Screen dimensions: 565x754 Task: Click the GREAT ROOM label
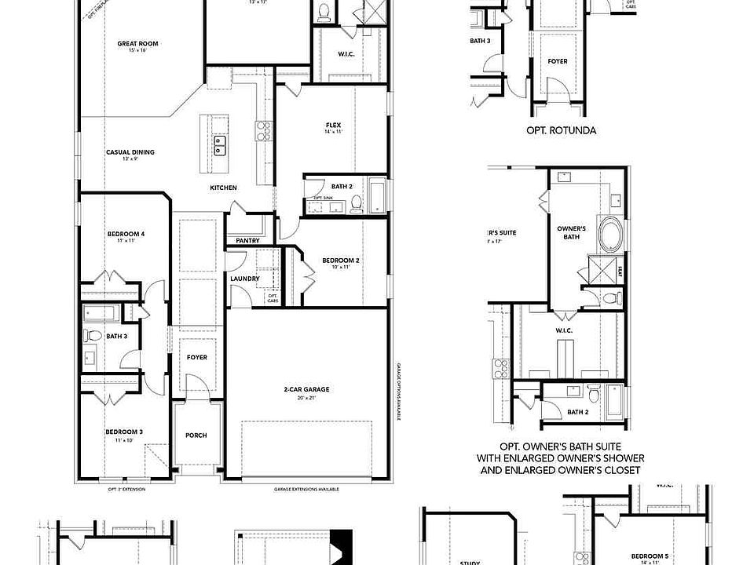pos(137,44)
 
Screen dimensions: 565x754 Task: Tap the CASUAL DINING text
pos(130,152)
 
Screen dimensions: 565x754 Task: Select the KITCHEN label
pos(223,188)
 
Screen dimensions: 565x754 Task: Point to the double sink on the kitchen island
pos(221,144)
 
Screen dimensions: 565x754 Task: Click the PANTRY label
pos(248,240)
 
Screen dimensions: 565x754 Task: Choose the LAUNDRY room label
pos(245,279)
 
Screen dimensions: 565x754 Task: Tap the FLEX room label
pos(333,126)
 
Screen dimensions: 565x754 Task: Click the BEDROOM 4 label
pos(126,234)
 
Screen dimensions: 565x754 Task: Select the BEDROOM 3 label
pos(124,432)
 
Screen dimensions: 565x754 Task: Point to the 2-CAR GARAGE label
pos(306,389)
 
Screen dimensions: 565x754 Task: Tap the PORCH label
pos(196,436)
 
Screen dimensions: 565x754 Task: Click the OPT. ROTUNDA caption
pos(561,130)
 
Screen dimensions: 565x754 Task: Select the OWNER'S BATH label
pos(572,232)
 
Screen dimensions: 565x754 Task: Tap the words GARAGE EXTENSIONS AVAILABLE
pos(306,489)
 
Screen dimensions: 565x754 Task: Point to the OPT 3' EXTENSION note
pos(126,489)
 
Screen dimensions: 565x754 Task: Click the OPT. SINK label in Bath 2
pos(323,198)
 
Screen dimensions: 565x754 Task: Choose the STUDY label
pos(469,561)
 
